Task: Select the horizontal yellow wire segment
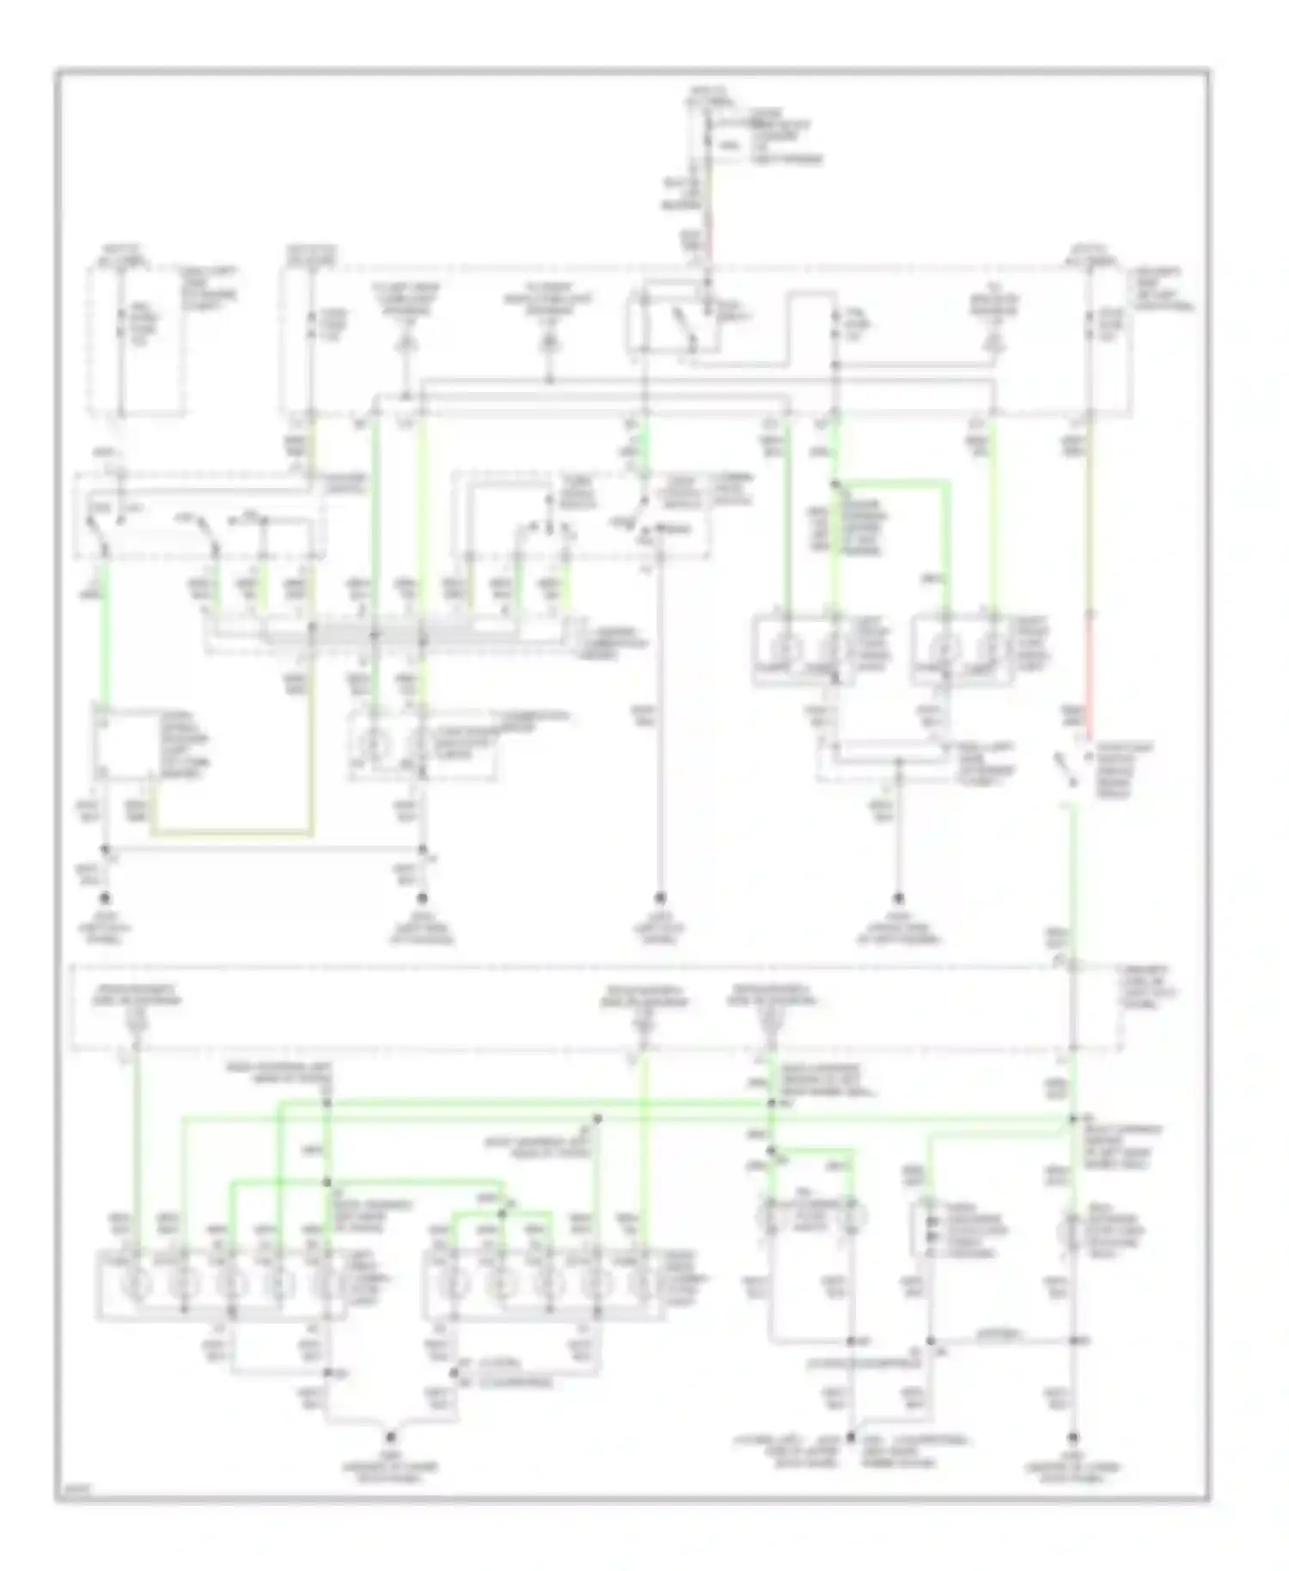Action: (x=232, y=833)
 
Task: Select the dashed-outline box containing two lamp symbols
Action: (x=421, y=744)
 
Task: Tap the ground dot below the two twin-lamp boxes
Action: (x=898, y=898)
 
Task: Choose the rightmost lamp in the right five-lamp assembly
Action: (x=639, y=1287)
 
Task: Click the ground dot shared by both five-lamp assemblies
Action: (x=390, y=1436)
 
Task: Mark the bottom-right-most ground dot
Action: (x=1072, y=1436)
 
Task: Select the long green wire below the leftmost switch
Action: (x=105, y=636)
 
